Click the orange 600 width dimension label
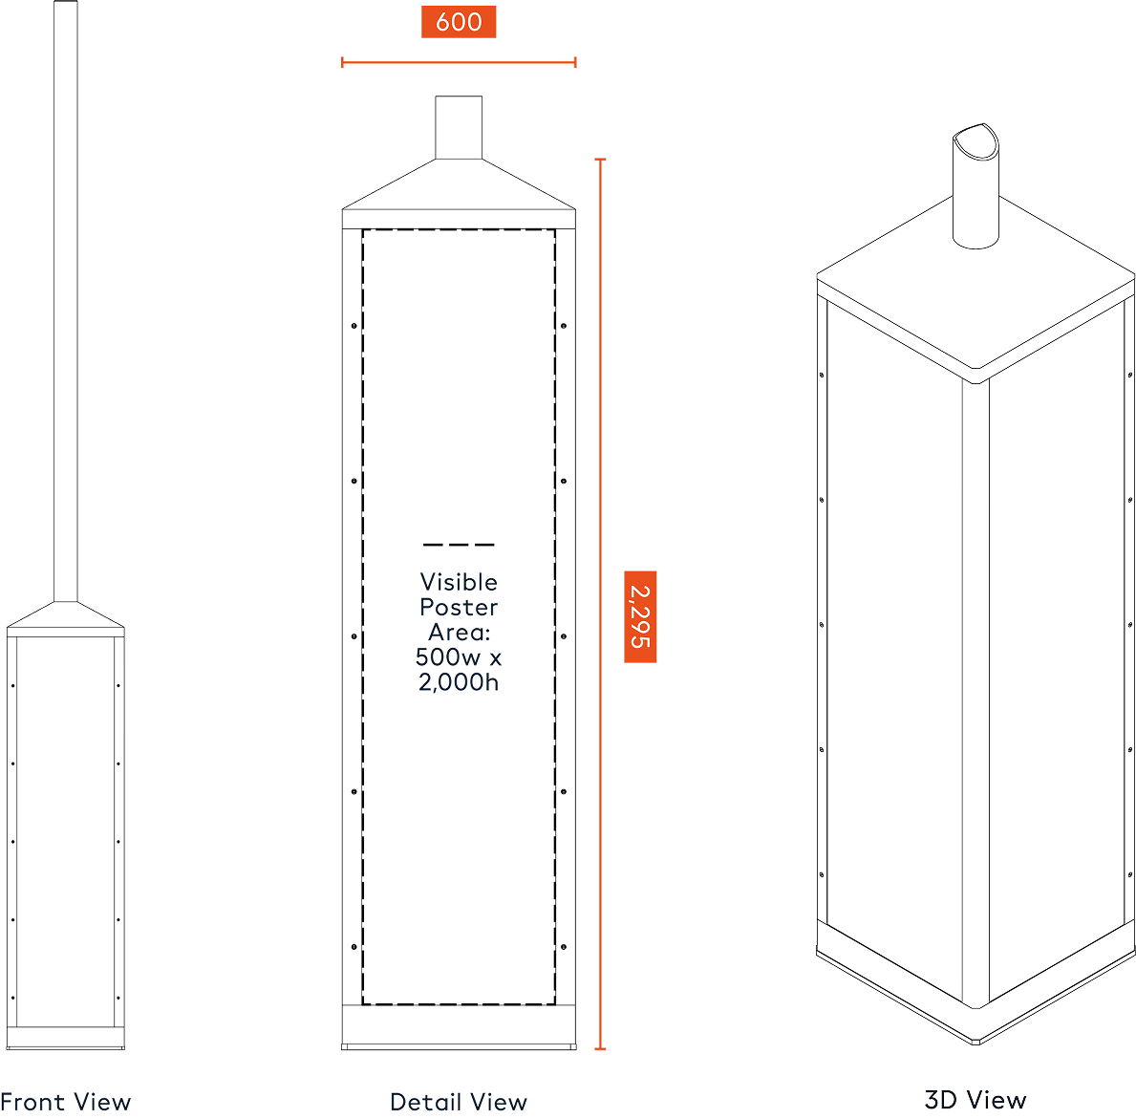[459, 22]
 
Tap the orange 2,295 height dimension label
[640, 616]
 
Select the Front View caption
[65, 1103]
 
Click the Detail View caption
[459, 1103]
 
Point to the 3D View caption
[975, 1100]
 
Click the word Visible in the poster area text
[459, 582]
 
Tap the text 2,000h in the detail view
[459, 682]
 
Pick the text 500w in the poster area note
[448, 657]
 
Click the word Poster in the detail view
[459, 608]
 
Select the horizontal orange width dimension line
[459, 62]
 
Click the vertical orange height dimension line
[600, 604]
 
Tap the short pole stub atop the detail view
[459, 127]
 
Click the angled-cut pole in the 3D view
[975, 187]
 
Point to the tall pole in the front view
[65, 301]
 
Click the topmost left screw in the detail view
[354, 326]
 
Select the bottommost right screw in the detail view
[564, 947]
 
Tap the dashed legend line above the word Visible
[459, 545]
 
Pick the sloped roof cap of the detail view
[459, 184]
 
